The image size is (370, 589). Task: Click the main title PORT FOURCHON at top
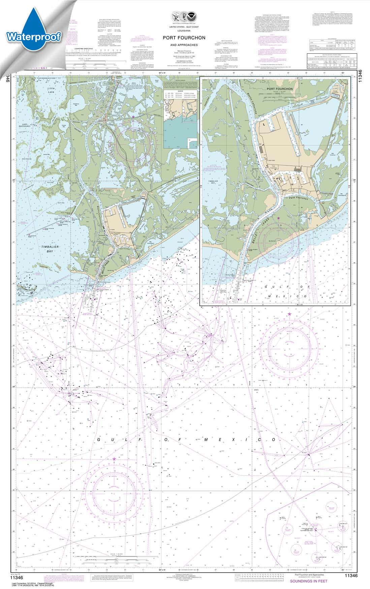click(x=184, y=38)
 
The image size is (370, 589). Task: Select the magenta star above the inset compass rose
click(x=278, y=218)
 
